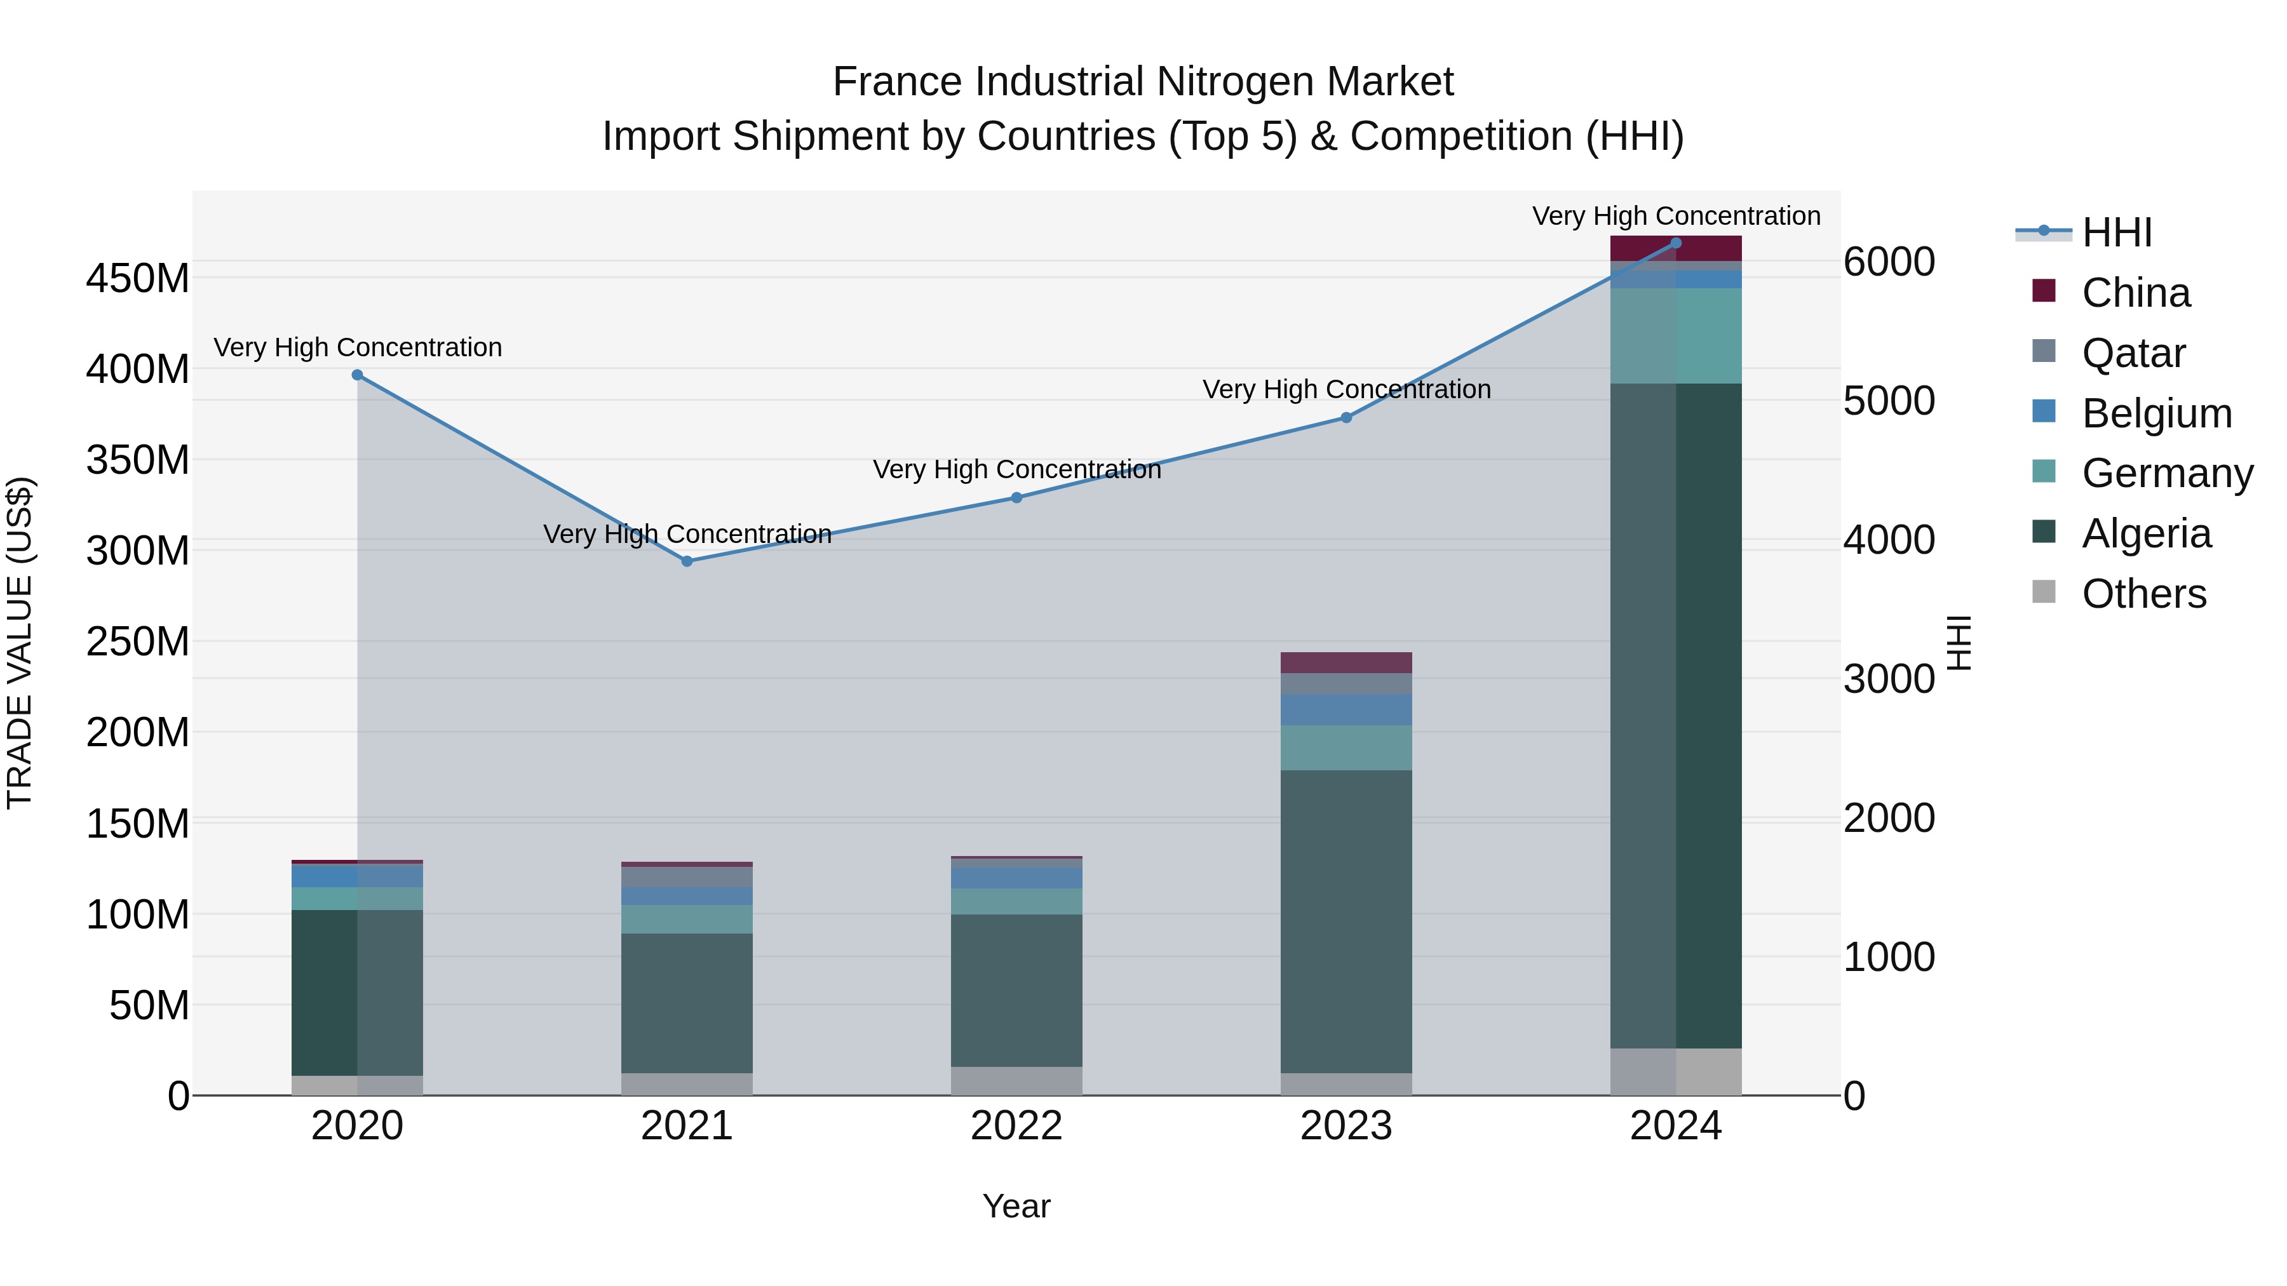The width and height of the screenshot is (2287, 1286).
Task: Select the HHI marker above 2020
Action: pos(357,375)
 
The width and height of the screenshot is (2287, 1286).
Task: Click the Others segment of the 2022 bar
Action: pos(1016,1080)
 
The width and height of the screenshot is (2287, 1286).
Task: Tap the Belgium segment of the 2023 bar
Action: pos(1346,709)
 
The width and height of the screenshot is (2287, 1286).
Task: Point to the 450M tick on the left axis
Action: pos(138,279)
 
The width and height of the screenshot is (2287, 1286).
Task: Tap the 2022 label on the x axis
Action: pos(1016,1126)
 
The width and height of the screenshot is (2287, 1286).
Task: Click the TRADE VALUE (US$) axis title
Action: pos(20,643)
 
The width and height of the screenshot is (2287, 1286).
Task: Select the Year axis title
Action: pos(1016,1206)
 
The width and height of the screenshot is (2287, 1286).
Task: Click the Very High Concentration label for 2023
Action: pos(1346,390)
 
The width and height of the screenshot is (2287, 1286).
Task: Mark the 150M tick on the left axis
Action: pos(138,824)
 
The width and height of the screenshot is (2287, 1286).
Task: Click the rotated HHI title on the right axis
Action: pos(1959,643)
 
